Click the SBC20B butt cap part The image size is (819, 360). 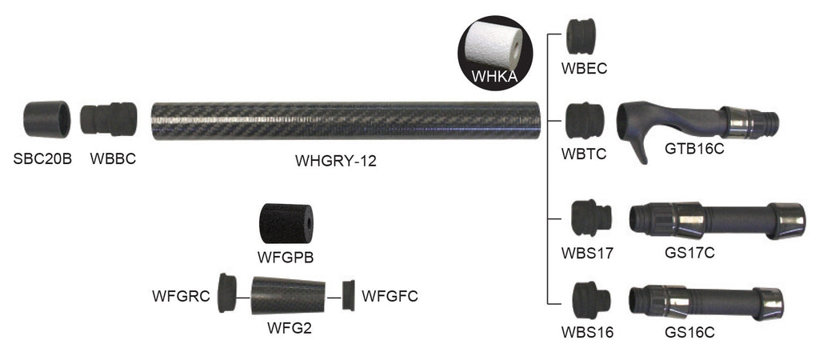click(x=46, y=119)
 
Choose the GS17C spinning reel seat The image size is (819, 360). click(x=717, y=220)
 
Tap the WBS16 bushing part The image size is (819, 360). click(x=590, y=301)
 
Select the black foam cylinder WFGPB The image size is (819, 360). click(x=286, y=225)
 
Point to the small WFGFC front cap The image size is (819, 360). click(x=348, y=296)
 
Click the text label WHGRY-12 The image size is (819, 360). click(x=336, y=161)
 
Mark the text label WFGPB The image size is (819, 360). click(x=286, y=258)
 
